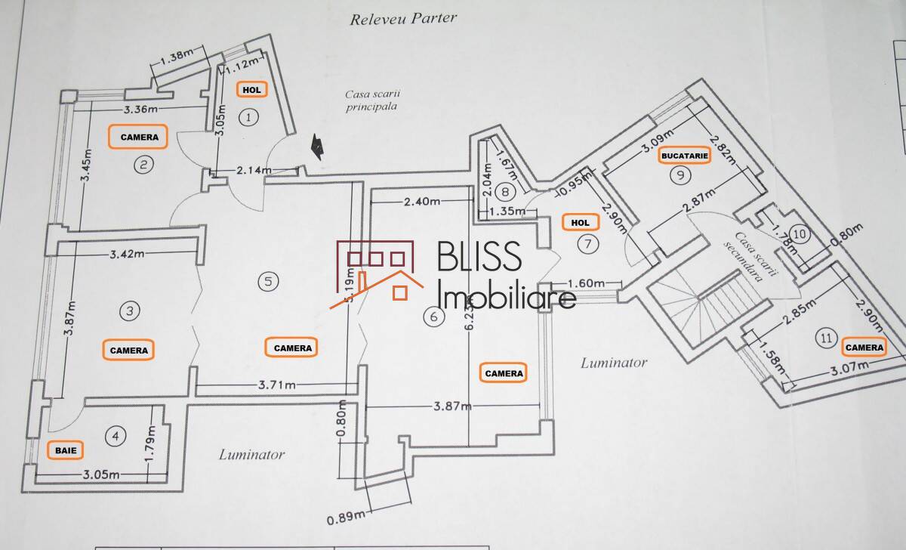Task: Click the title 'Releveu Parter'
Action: click(403, 19)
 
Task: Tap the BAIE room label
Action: click(66, 450)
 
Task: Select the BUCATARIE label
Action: click(685, 156)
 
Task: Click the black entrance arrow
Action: click(320, 147)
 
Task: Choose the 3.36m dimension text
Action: click(141, 109)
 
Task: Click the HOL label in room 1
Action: click(251, 89)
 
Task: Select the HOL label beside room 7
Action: click(581, 223)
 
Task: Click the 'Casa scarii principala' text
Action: click(371, 100)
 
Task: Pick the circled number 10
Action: click(800, 235)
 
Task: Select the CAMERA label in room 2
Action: click(139, 137)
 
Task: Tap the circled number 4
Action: click(115, 436)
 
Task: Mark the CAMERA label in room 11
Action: click(864, 347)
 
